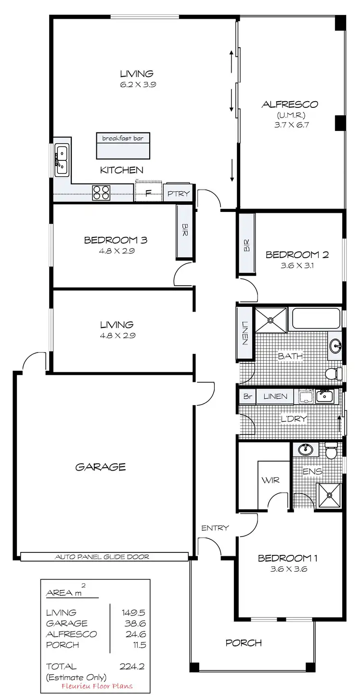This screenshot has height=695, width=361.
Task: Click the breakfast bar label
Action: [123, 138]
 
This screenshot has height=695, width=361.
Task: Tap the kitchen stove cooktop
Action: [101, 193]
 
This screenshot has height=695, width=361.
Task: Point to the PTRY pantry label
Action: [179, 194]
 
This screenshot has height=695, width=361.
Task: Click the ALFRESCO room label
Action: [290, 104]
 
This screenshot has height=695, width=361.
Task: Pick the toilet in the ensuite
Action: [331, 451]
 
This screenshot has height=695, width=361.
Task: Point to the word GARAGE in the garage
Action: [101, 467]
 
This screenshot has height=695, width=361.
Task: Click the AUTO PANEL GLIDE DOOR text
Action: [103, 557]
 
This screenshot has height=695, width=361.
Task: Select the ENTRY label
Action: [215, 528]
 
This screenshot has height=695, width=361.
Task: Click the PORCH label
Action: [244, 643]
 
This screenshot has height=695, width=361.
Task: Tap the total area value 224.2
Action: [132, 667]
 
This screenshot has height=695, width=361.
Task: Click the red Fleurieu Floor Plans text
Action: [97, 686]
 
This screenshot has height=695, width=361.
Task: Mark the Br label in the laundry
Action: [247, 396]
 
